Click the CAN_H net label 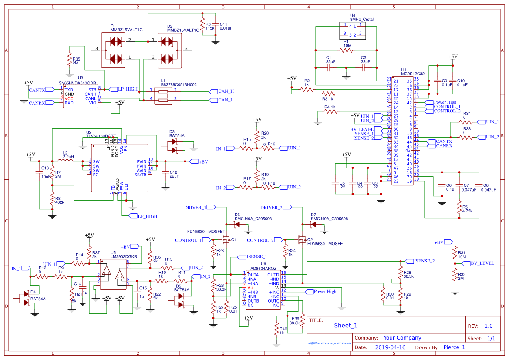[225, 91]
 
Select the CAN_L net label [225, 100]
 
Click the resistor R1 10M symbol [347, 50]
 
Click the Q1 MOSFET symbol [226, 239]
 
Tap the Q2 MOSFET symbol [301, 239]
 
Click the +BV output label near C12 [203, 162]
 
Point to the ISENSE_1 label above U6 [256, 256]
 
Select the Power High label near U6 [325, 291]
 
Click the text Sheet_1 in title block [345, 325]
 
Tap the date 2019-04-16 [390, 347]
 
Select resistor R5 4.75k [459, 208]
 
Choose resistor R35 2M [69, 59]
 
